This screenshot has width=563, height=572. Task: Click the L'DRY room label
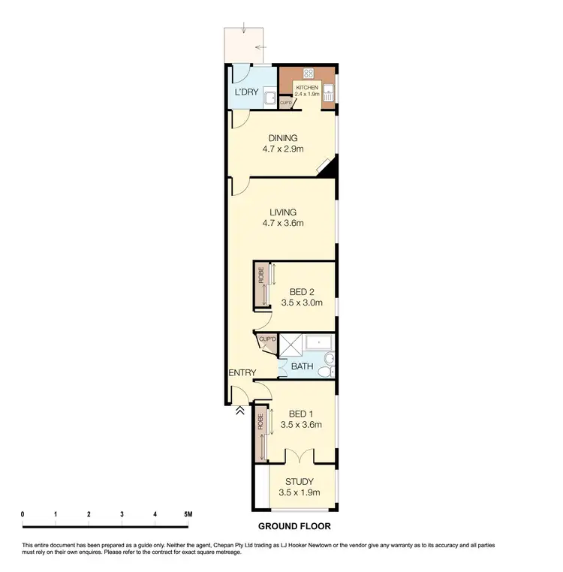(x=246, y=93)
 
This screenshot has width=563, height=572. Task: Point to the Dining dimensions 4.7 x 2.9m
(x=281, y=149)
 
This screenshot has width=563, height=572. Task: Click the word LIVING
(x=281, y=212)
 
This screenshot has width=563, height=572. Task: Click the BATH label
(x=303, y=367)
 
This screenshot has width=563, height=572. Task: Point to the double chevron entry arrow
(x=239, y=410)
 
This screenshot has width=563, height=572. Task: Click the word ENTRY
(x=242, y=373)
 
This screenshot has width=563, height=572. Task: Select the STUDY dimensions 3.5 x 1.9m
(x=299, y=492)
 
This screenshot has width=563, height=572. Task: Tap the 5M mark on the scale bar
(x=188, y=514)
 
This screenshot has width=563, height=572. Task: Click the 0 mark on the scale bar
(x=23, y=514)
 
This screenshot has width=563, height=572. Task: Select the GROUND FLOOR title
(x=294, y=526)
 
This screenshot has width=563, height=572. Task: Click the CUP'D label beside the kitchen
(x=286, y=103)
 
